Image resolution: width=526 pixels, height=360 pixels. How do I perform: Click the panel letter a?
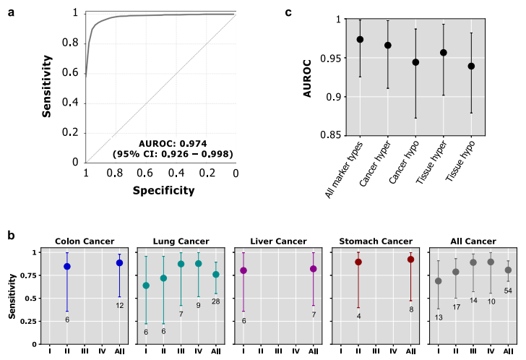coord(11,12)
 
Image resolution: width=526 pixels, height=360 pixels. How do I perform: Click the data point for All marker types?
coord(360,40)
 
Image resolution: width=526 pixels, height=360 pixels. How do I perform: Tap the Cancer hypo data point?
coord(415,62)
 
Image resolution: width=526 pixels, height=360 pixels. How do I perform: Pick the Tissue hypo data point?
coord(471,66)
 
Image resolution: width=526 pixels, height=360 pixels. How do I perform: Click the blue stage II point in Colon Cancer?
coord(67,267)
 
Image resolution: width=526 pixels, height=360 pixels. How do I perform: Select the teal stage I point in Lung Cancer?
coord(146,286)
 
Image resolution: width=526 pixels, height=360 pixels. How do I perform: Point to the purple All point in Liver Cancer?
coord(313,269)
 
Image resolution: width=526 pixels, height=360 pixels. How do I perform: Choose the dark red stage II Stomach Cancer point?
coord(358,262)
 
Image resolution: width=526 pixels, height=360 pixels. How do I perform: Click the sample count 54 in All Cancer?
coord(508,291)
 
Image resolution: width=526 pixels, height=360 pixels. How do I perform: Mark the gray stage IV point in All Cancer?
coord(491,262)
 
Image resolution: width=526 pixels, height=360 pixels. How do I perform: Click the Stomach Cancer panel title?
coord(375,241)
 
